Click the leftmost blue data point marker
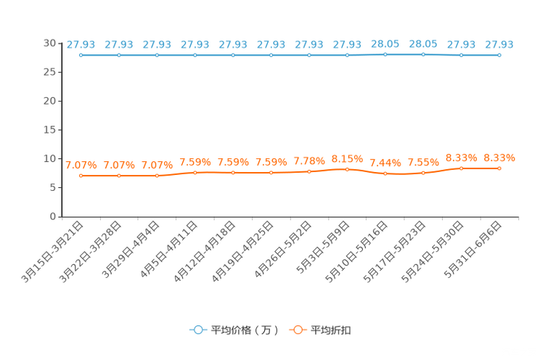[x=81, y=55]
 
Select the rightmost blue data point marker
[x=499, y=55]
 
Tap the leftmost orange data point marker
[x=81, y=175]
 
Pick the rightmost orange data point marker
[x=499, y=168]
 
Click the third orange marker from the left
[x=157, y=175]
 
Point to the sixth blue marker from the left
[x=271, y=55]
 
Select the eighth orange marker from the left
[x=347, y=168]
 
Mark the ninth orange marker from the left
[x=385, y=173]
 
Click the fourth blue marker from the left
[x=195, y=55]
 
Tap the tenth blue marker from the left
[x=423, y=54]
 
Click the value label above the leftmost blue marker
[x=81, y=45]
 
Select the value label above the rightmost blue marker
[x=499, y=45]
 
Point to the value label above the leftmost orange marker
[x=81, y=165]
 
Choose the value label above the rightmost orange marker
[x=499, y=157]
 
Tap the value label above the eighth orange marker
[x=347, y=157]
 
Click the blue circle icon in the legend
[x=197, y=330]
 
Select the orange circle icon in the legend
[x=296, y=330]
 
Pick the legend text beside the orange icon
[x=332, y=330]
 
